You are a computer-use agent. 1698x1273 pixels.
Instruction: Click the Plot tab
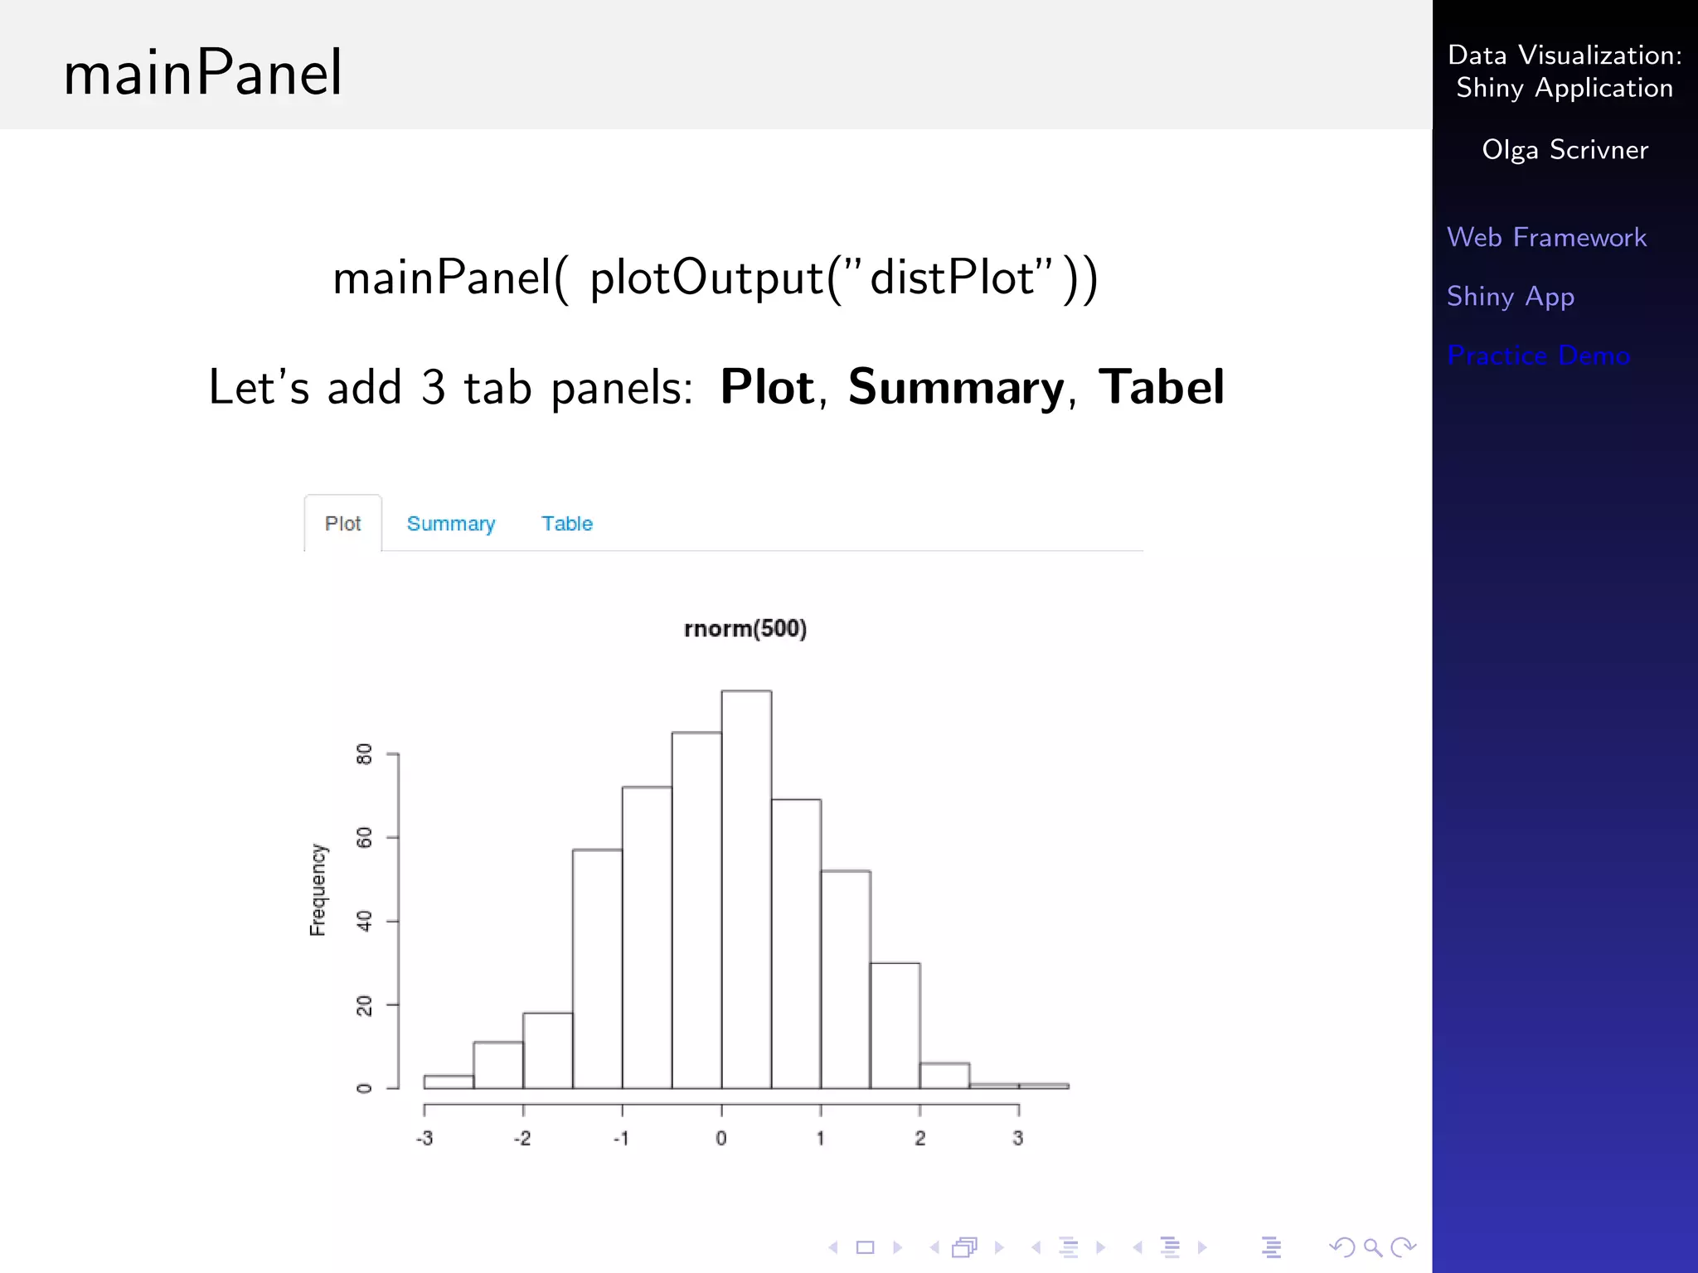342,524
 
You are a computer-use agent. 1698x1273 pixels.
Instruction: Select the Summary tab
450,524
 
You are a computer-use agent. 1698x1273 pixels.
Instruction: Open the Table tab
567,524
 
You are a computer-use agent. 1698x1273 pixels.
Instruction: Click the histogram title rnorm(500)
745,628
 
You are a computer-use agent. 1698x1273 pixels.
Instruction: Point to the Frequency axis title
318,890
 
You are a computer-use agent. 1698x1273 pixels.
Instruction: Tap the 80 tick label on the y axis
364,754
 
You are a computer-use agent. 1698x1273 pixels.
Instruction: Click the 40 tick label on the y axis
364,921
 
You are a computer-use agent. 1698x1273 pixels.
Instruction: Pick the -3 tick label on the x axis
424,1139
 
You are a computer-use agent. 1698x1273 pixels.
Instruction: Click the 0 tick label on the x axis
721,1139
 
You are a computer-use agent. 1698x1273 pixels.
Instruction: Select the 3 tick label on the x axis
1018,1139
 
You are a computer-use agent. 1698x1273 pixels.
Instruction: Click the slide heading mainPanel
203,73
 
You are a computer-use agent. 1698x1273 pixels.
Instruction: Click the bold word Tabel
1161,387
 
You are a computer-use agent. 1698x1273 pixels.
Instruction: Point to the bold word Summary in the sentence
956,387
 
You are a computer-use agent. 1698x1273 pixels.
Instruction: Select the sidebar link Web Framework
1546,238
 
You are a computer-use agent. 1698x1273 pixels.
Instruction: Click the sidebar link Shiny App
1510,297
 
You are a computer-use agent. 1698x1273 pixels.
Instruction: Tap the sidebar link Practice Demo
1538,356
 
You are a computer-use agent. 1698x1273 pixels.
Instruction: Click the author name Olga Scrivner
1565,150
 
